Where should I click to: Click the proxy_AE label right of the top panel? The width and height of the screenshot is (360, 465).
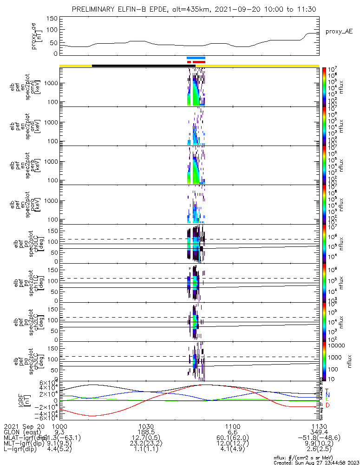[340, 31]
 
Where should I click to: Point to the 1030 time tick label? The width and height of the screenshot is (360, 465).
[146, 426]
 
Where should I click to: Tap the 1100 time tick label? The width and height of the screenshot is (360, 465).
[232, 426]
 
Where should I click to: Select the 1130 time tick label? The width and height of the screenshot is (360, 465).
[319, 426]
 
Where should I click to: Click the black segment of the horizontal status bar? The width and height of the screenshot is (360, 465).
[139, 66]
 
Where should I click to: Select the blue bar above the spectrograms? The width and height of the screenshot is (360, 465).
[196, 58]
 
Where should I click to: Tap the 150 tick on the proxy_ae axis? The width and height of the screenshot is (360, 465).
[52, 18]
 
